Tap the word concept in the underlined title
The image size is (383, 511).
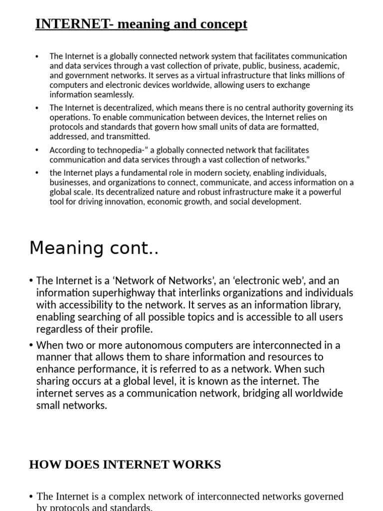coord(225,23)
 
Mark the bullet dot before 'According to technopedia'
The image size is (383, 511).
coord(37,150)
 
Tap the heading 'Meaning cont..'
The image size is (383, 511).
coord(94,248)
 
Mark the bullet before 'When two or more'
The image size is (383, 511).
coord(32,345)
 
